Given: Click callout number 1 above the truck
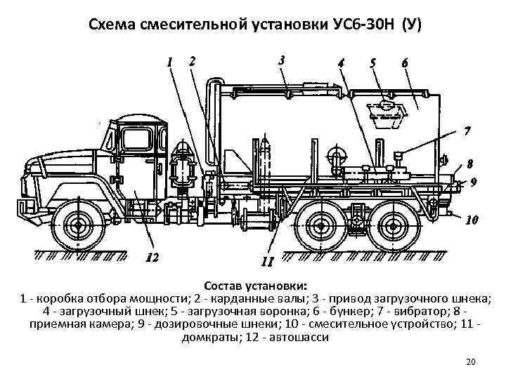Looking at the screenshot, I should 169,61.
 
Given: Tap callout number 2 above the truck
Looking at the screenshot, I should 193,60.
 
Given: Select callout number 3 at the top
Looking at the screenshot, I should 281,60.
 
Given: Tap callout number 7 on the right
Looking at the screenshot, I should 467,131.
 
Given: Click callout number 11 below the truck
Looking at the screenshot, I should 266,262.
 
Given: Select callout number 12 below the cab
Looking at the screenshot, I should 152,257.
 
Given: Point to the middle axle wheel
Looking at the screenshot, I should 318,226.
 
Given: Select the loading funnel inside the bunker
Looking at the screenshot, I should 382,114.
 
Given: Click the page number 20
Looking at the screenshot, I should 471,361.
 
